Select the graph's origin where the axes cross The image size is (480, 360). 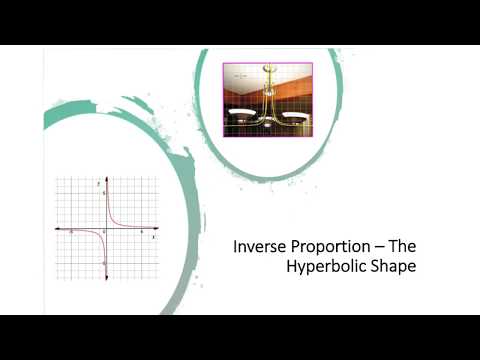click(105, 229)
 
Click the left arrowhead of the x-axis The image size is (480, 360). click(57, 229)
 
